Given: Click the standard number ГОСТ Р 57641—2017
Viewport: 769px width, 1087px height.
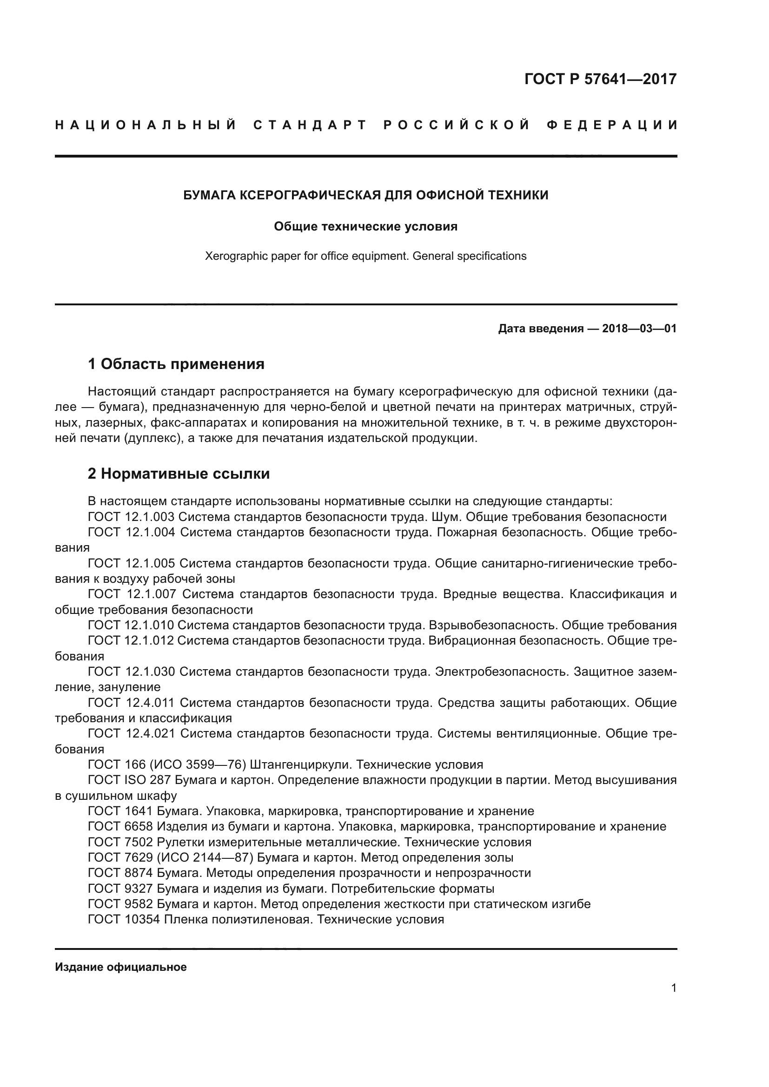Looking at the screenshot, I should click(600, 79).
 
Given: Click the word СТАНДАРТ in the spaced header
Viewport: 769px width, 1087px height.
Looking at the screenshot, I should click(310, 125).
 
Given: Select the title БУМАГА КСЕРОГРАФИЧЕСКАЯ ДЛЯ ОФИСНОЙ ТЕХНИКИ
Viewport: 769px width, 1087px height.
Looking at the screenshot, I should click(365, 195).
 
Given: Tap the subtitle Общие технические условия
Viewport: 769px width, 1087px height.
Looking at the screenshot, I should click(365, 226).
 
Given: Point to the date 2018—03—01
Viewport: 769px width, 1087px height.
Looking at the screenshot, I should click(639, 329).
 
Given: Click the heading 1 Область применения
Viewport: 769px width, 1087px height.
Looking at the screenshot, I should click(176, 364).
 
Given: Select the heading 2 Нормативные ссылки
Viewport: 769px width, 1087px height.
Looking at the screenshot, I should click(179, 474).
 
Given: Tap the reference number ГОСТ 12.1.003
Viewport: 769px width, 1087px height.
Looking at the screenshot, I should click(131, 516).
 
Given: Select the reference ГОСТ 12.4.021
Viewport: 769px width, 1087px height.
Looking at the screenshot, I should click(132, 733).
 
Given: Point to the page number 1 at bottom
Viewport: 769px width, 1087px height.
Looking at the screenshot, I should click(673, 988).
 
